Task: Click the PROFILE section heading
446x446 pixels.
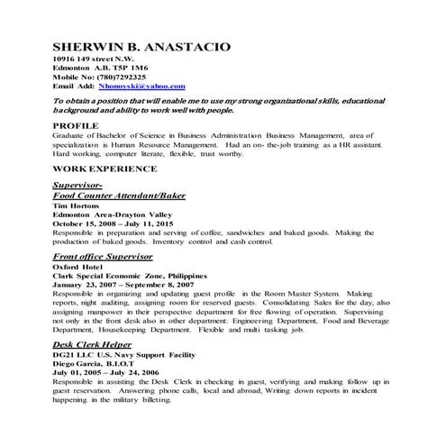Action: pos(77,125)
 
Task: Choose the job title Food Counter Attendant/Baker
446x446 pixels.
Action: pos(120,194)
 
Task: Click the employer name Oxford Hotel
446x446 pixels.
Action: pos(78,267)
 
